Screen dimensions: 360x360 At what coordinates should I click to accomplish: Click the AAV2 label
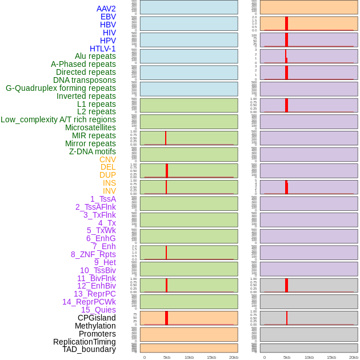[106, 9]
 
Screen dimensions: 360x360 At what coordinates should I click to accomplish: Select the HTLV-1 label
[102, 49]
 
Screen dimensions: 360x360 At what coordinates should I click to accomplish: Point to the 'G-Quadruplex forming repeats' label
[61, 88]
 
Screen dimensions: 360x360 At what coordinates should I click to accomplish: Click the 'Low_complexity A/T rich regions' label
[58, 119]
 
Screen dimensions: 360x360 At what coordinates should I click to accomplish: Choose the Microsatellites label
[90, 127]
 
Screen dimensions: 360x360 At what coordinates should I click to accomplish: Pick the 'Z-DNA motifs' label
[93, 151]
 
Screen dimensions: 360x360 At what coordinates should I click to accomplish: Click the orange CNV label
[107, 159]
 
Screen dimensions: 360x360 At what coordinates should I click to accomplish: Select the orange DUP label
[107, 175]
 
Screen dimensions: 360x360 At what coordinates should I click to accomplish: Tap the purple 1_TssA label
[103, 199]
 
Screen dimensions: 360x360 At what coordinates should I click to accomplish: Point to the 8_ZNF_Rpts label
[93, 254]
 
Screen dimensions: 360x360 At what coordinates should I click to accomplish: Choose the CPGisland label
[97, 318]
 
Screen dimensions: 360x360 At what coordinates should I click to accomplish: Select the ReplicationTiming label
[85, 342]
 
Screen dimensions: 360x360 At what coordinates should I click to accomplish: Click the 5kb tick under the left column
[167, 357]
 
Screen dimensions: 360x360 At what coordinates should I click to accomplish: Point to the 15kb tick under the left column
[211, 357]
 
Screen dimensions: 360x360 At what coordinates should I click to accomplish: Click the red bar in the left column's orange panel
[166, 318]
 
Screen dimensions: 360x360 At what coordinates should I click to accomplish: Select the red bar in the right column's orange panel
[286, 23]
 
